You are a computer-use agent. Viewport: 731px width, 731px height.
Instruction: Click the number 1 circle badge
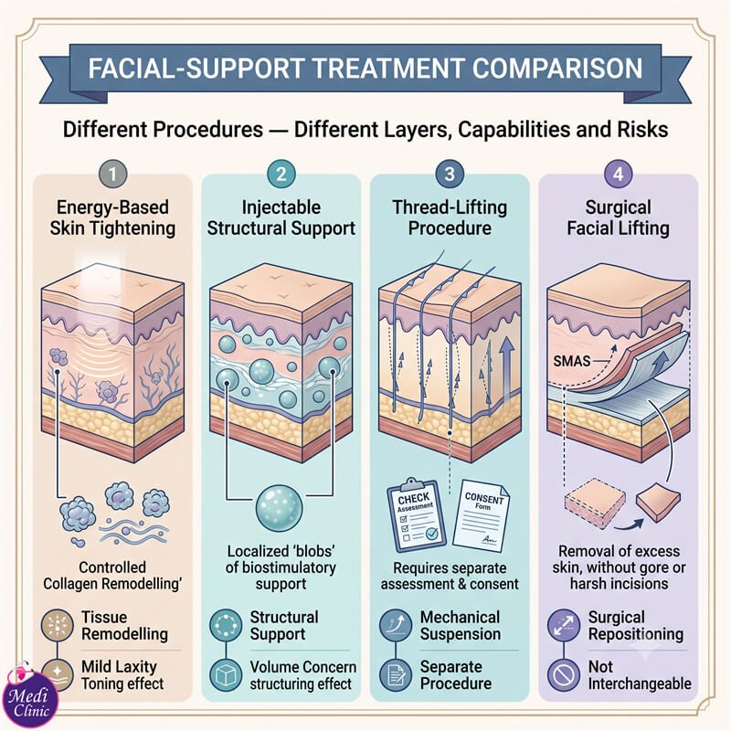tap(112, 175)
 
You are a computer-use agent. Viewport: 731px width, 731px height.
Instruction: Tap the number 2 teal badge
tap(281, 175)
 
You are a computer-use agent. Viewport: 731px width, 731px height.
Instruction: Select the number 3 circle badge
tap(450, 175)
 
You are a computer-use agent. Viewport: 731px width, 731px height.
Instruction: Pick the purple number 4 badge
tap(619, 175)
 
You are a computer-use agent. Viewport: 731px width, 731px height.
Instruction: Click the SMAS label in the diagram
tap(572, 361)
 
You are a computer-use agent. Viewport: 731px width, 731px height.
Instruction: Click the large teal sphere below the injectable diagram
tap(280, 508)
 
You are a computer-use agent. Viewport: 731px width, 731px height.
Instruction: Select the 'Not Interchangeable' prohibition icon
tap(563, 674)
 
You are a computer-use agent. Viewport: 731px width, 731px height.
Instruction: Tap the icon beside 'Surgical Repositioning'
tap(563, 625)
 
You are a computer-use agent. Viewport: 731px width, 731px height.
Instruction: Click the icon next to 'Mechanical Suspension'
tap(396, 625)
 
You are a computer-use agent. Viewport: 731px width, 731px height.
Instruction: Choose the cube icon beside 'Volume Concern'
tap(226, 674)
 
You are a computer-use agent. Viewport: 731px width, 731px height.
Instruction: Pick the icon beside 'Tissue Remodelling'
tap(58, 625)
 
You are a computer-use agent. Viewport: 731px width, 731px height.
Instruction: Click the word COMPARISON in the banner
tap(557, 68)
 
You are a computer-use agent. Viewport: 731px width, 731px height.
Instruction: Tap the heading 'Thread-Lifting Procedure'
tap(450, 217)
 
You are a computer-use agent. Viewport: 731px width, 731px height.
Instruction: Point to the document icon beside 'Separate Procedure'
tap(396, 674)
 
